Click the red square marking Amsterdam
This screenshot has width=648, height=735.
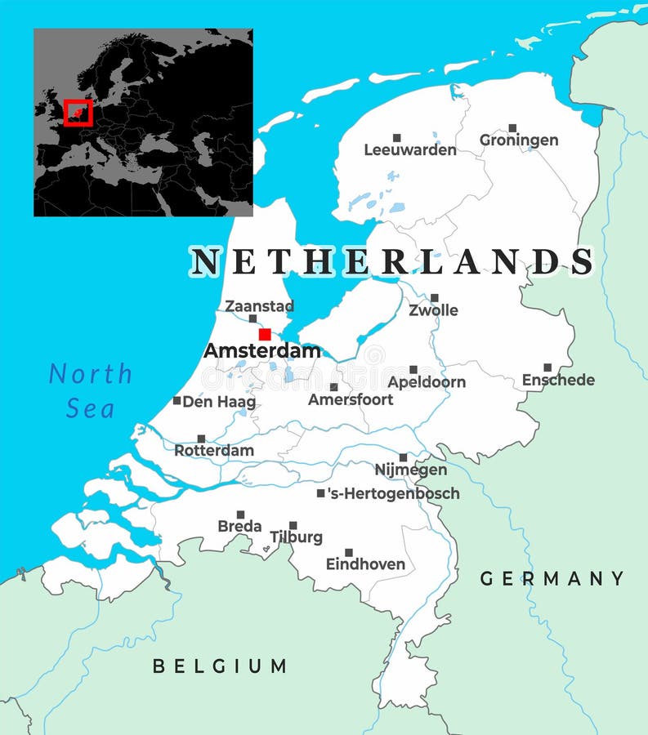[x=265, y=334]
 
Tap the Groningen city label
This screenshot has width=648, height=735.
[x=519, y=140]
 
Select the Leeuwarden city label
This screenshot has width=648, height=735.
[x=410, y=150]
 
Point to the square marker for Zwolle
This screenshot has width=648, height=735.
[x=434, y=298]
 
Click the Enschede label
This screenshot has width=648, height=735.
[x=558, y=381]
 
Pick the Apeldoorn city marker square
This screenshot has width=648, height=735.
[x=413, y=370]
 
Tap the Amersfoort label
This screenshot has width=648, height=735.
[x=351, y=400]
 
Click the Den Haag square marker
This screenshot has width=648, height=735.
[x=177, y=401]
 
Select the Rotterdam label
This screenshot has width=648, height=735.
[x=214, y=451]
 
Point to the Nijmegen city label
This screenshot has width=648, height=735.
[x=410, y=470]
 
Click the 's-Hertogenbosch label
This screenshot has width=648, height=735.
[x=393, y=493]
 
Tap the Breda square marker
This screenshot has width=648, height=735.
[x=240, y=514]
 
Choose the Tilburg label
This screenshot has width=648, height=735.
[x=296, y=537]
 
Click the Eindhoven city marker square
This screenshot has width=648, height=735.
[x=349, y=553]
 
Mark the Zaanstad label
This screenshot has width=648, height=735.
[x=259, y=306]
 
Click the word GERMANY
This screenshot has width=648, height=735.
[x=552, y=579]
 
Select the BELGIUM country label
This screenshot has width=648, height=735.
[x=220, y=666]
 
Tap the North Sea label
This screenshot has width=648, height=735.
[x=90, y=390]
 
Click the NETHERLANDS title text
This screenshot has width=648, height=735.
[x=392, y=262]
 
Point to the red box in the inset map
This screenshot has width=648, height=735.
[x=78, y=112]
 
